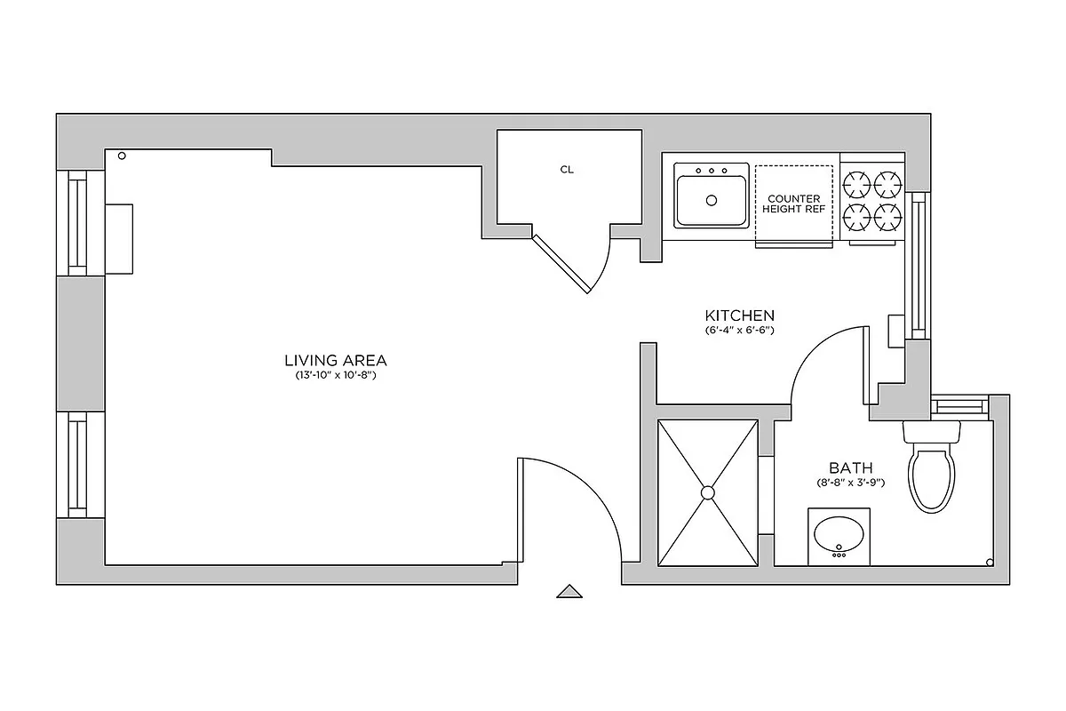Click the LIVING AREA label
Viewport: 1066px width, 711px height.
tap(336, 360)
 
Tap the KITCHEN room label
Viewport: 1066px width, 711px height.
tap(739, 316)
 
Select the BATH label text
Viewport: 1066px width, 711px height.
tap(850, 468)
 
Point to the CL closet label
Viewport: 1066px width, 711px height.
tap(567, 169)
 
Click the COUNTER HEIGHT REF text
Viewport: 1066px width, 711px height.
tap(794, 204)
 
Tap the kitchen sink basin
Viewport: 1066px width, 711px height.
tap(711, 202)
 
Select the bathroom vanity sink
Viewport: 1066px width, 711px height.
tap(839, 535)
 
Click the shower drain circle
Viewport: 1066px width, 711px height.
tap(708, 491)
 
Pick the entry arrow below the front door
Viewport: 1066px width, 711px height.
tap(569, 591)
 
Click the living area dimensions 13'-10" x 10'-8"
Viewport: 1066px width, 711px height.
tap(336, 376)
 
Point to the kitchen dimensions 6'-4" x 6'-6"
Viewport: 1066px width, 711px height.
tap(739, 331)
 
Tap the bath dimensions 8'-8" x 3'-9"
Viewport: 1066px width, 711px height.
tap(850, 483)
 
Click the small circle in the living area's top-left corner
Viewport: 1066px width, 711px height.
tap(123, 156)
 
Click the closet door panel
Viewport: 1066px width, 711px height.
tap(561, 264)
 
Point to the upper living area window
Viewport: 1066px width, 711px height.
tap(79, 223)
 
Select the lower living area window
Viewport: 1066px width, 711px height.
tap(79, 465)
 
